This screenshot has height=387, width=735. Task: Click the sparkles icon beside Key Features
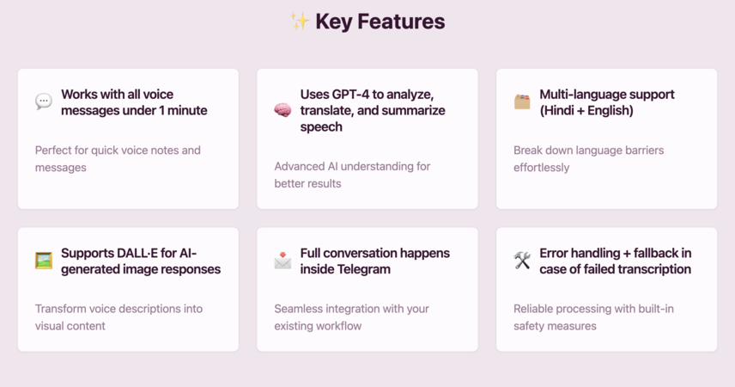pos(300,21)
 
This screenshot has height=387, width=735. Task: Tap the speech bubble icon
pos(44,102)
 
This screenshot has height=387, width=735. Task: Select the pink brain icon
pos(282,110)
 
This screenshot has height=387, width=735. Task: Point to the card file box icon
pos(522,101)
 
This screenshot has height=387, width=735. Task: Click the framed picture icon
pos(44,261)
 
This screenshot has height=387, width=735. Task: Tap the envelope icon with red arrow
pos(282,261)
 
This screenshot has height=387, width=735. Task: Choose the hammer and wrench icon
pos(522,261)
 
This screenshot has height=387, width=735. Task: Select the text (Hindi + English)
pos(586,110)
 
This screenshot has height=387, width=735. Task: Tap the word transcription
pos(657,269)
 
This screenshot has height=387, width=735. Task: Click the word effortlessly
pos(542,168)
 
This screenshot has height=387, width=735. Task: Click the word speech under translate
pos(321,127)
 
